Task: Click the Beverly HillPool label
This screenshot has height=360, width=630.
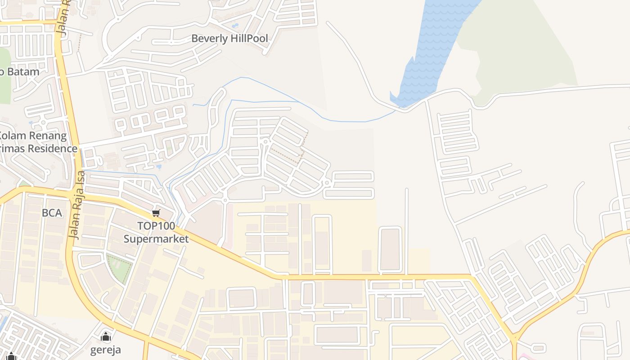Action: [229, 39]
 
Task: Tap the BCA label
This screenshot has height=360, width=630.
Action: [52, 213]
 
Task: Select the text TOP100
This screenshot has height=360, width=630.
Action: [156, 226]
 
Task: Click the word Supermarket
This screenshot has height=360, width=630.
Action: [156, 238]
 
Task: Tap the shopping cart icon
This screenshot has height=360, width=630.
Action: [156, 213]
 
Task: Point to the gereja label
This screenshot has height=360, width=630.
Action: [106, 350]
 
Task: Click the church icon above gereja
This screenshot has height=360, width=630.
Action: [106, 337]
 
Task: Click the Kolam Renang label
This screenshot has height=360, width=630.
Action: [32, 135]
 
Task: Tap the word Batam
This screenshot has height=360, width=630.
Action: [22, 72]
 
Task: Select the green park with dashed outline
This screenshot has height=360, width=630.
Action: [119, 268]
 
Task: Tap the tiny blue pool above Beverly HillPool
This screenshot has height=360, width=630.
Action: [234, 26]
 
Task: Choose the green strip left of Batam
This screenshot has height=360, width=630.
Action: [4, 76]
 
